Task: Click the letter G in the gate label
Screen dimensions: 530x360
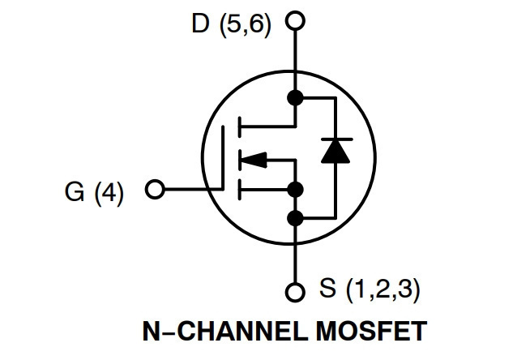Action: (75, 191)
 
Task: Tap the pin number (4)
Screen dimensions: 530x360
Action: (109, 193)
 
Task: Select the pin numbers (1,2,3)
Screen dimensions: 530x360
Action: (383, 289)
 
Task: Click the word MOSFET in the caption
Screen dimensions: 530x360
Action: (371, 331)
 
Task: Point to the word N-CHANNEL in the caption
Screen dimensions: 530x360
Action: (225, 331)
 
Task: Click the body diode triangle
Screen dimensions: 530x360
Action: (336, 151)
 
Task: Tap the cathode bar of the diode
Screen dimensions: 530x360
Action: (336, 139)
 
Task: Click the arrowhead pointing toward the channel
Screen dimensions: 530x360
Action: (254, 160)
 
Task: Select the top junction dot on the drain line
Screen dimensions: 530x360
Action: (295, 98)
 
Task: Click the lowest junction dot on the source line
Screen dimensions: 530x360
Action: (295, 218)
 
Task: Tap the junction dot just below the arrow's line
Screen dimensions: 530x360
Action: (295, 190)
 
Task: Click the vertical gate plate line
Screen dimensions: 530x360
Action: (223, 157)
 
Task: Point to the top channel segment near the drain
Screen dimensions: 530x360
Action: (240, 126)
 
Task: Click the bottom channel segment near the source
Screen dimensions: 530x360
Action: (240, 190)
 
